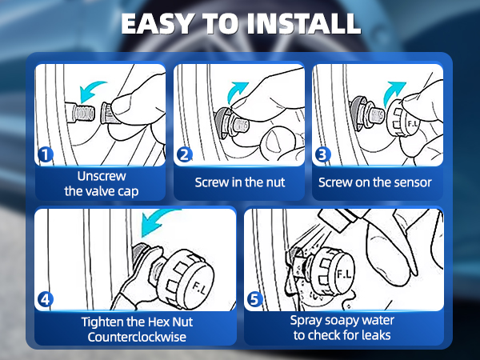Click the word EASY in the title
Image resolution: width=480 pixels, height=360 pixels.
[157, 23]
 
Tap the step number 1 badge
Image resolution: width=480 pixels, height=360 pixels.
[46, 154]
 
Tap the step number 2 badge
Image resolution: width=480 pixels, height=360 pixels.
[185, 154]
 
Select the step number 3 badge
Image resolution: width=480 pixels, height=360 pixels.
[323, 154]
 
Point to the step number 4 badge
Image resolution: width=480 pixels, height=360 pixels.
[46, 299]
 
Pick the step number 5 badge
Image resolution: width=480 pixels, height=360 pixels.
[254, 299]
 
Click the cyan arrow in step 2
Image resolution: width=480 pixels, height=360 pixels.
[236, 92]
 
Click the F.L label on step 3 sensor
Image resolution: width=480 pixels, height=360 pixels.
[413, 124]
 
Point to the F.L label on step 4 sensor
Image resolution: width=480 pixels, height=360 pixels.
[199, 287]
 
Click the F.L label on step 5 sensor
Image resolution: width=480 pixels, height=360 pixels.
[344, 274]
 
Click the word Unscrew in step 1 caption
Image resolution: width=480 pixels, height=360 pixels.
[102, 176]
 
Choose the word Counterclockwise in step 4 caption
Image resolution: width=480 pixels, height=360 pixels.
[137, 337]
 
